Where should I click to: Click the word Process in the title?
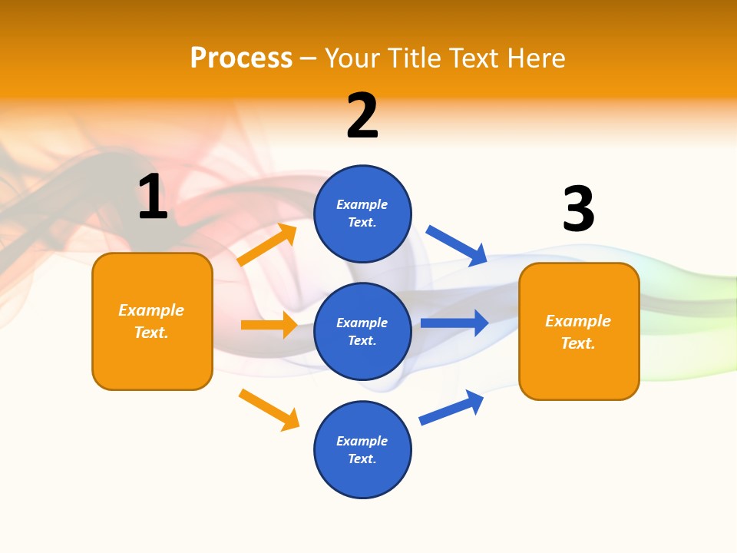pyautogui.click(x=241, y=58)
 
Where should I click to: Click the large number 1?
pyautogui.click(x=153, y=197)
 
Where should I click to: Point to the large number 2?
pyautogui.click(x=362, y=116)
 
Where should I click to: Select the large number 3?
pyautogui.click(x=578, y=210)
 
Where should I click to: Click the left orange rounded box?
pyautogui.click(x=152, y=321)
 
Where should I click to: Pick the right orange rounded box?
pyautogui.click(x=579, y=331)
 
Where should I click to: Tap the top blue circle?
pyautogui.click(x=362, y=214)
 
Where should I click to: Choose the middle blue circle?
pyautogui.click(x=362, y=331)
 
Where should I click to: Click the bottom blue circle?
pyautogui.click(x=362, y=449)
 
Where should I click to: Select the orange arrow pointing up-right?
pyautogui.click(x=267, y=245)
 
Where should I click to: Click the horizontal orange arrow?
pyautogui.click(x=269, y=325)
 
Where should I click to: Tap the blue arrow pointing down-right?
pyautogui.click(x=457, y=245)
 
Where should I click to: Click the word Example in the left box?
pyautogui.click(x=151, y=310)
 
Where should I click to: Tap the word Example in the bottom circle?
pyautogui.click(x=362, y=441)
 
